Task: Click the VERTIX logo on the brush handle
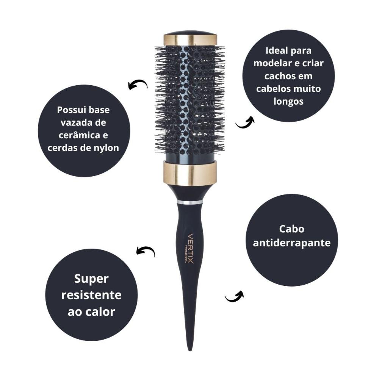tap(191, 249)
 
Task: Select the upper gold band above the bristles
tap(191, 40)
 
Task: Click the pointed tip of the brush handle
tap(190, 350)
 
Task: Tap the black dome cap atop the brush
tap(190, 33)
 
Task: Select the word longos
tap(288, 101)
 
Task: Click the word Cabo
tap(291, 229)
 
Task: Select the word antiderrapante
tap(292, 243)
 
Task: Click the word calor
tap(101, 312)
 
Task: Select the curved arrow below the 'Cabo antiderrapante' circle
tap(234, 297)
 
